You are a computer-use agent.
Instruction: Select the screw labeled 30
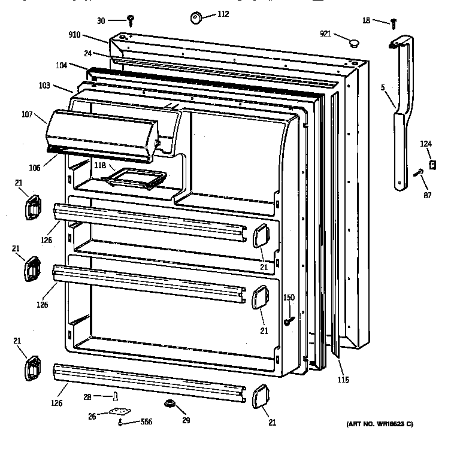[x=130, y=21]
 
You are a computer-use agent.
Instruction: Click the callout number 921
[x=325, y=34]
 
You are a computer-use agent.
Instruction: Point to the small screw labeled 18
[x=394, y=23]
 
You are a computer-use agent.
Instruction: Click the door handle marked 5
[x=400, y=114]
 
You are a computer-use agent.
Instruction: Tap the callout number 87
[x=426, y=195]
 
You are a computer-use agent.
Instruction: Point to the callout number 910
[x=75, y=36]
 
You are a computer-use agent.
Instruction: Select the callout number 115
[x=343, y=380]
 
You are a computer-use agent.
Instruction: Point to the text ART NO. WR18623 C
[x=380, y=424]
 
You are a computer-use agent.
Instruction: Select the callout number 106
[x=34, y=168]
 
